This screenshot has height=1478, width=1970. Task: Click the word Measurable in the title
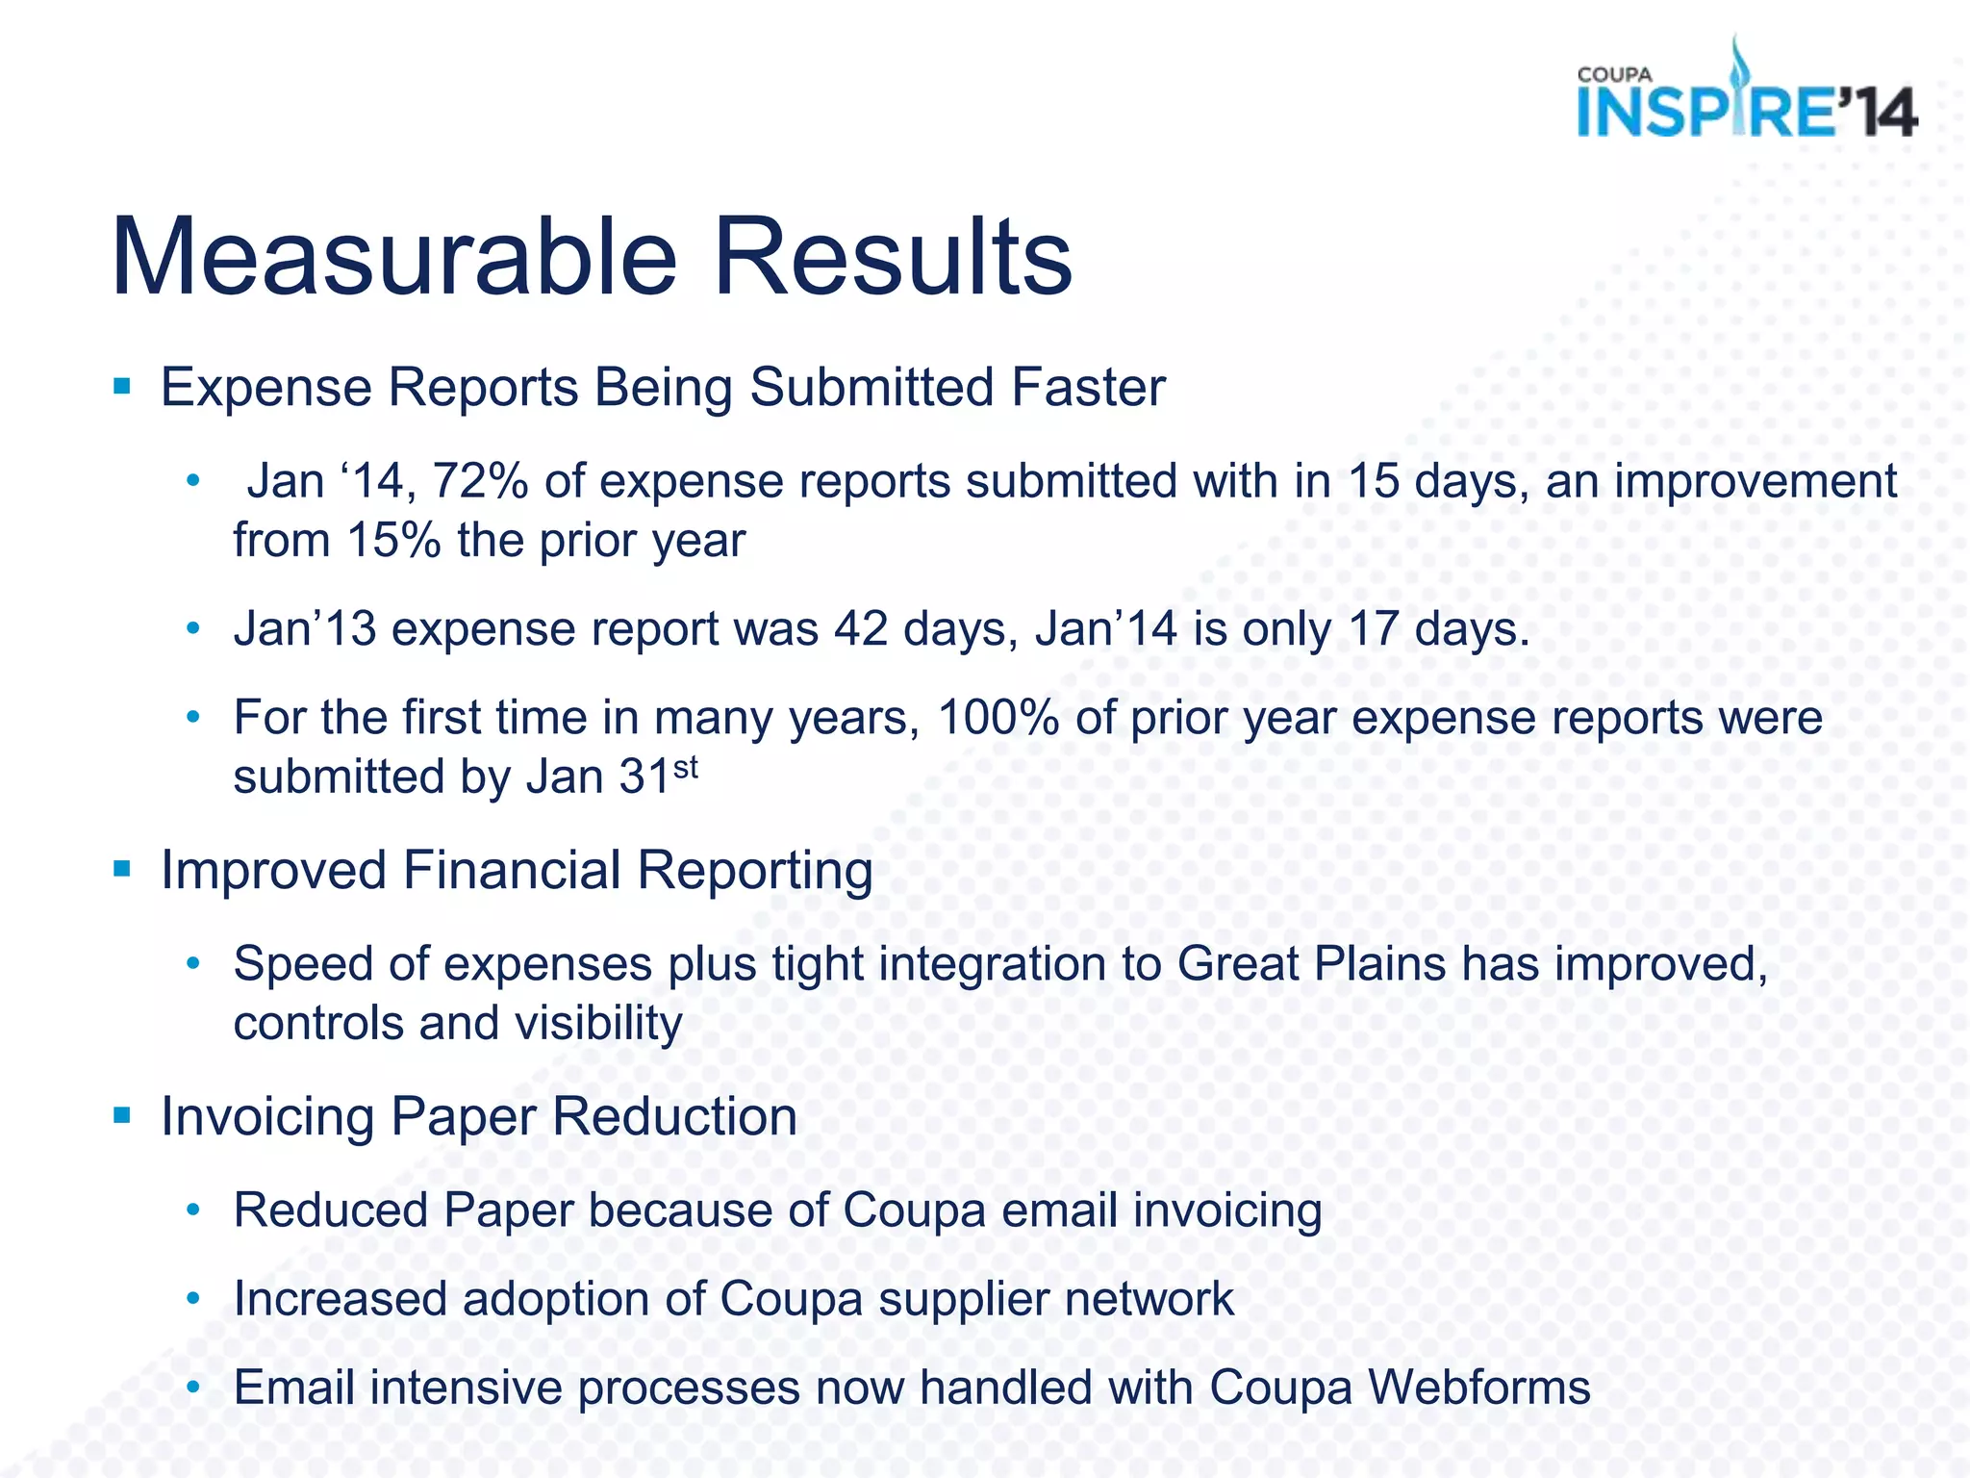pyautogui.click(x=394, y=258)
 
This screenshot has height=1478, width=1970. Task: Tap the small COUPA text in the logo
pyautogui.click(x=1614, y=74)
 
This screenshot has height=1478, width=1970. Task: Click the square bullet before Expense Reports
pyautogui.click(x=121, y=388)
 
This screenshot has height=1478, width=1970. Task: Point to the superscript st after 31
pyautogui.click(x=685, y=767)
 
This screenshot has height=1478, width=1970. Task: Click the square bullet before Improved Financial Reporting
pyautogui.click(x=121, y=870)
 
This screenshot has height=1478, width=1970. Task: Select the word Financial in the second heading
pyautogui.click(x=511, y=870)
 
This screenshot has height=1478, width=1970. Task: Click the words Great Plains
pyautogui.click(x=1310, y=964)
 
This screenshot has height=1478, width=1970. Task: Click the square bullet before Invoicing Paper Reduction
pyautogui.click(x=121, y=1116)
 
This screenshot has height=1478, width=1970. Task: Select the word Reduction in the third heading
pyautogui.click(x=674, y=1116)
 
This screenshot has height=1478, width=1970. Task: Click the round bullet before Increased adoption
pyautogui.click(x=193, y=1300)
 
